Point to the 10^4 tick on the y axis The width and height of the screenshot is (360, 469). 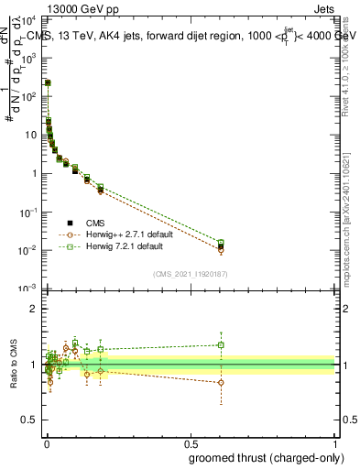[30, 19]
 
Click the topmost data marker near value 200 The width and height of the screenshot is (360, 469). [48, 82]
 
